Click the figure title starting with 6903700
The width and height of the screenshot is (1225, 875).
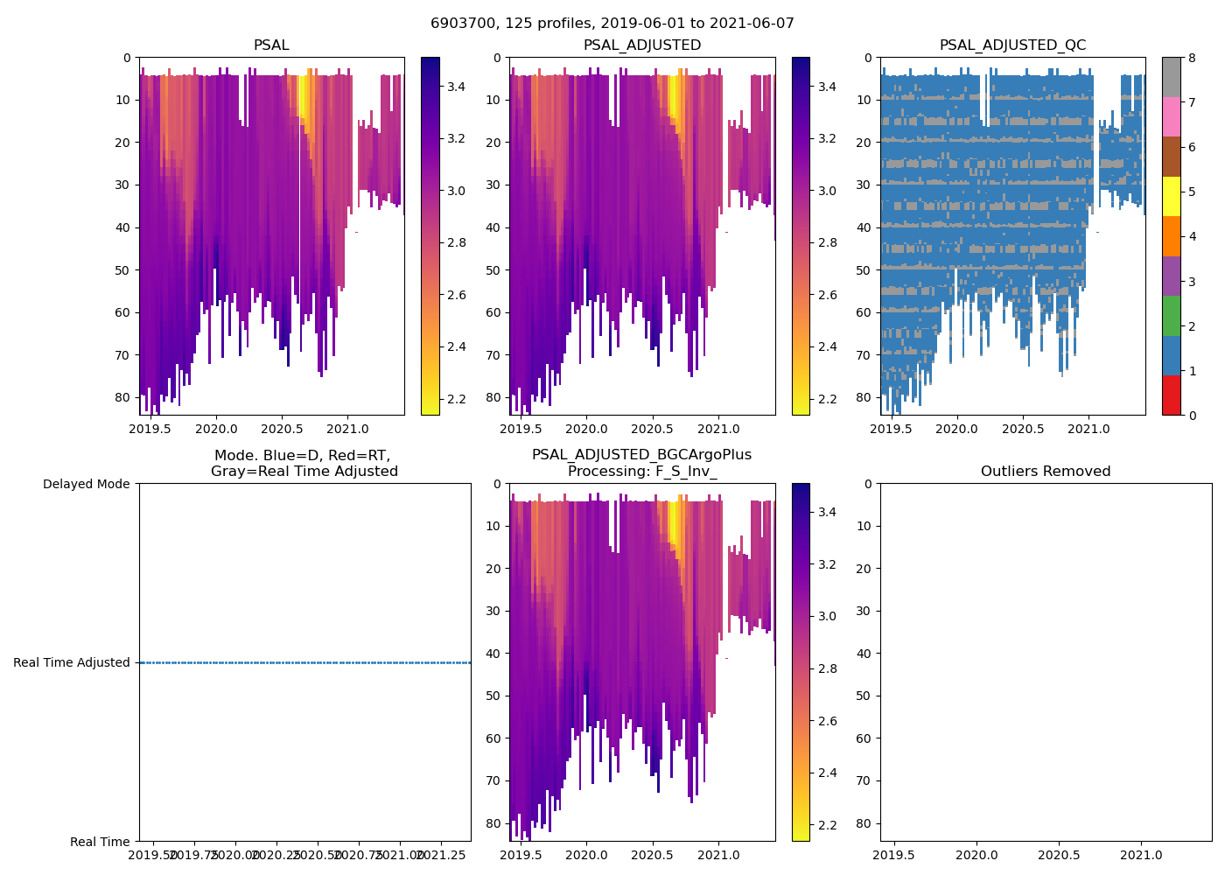(612, 24)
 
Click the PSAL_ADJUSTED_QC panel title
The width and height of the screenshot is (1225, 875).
(1012, 45)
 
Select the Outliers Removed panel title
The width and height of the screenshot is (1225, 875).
(1045, 472)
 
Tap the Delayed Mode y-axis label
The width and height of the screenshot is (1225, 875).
(86, 484)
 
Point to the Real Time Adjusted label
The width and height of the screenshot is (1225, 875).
(72, 662)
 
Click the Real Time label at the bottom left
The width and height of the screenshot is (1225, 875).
(100, 842)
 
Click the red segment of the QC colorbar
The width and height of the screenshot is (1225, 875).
(1171, 395)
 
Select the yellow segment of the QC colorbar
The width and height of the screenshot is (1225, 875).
(1171, 196)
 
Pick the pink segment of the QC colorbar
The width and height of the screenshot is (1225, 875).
(1171, 116)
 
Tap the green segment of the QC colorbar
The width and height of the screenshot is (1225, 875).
(1171, 315)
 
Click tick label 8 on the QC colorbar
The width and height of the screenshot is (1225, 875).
(1190, 58)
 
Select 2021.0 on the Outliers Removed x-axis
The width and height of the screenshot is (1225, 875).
(1141, 854)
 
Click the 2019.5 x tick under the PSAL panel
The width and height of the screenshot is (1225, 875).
(150, 429)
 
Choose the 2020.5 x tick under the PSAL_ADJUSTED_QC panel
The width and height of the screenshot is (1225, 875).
(1023, 429)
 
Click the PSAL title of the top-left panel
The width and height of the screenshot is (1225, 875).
(271, 45)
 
